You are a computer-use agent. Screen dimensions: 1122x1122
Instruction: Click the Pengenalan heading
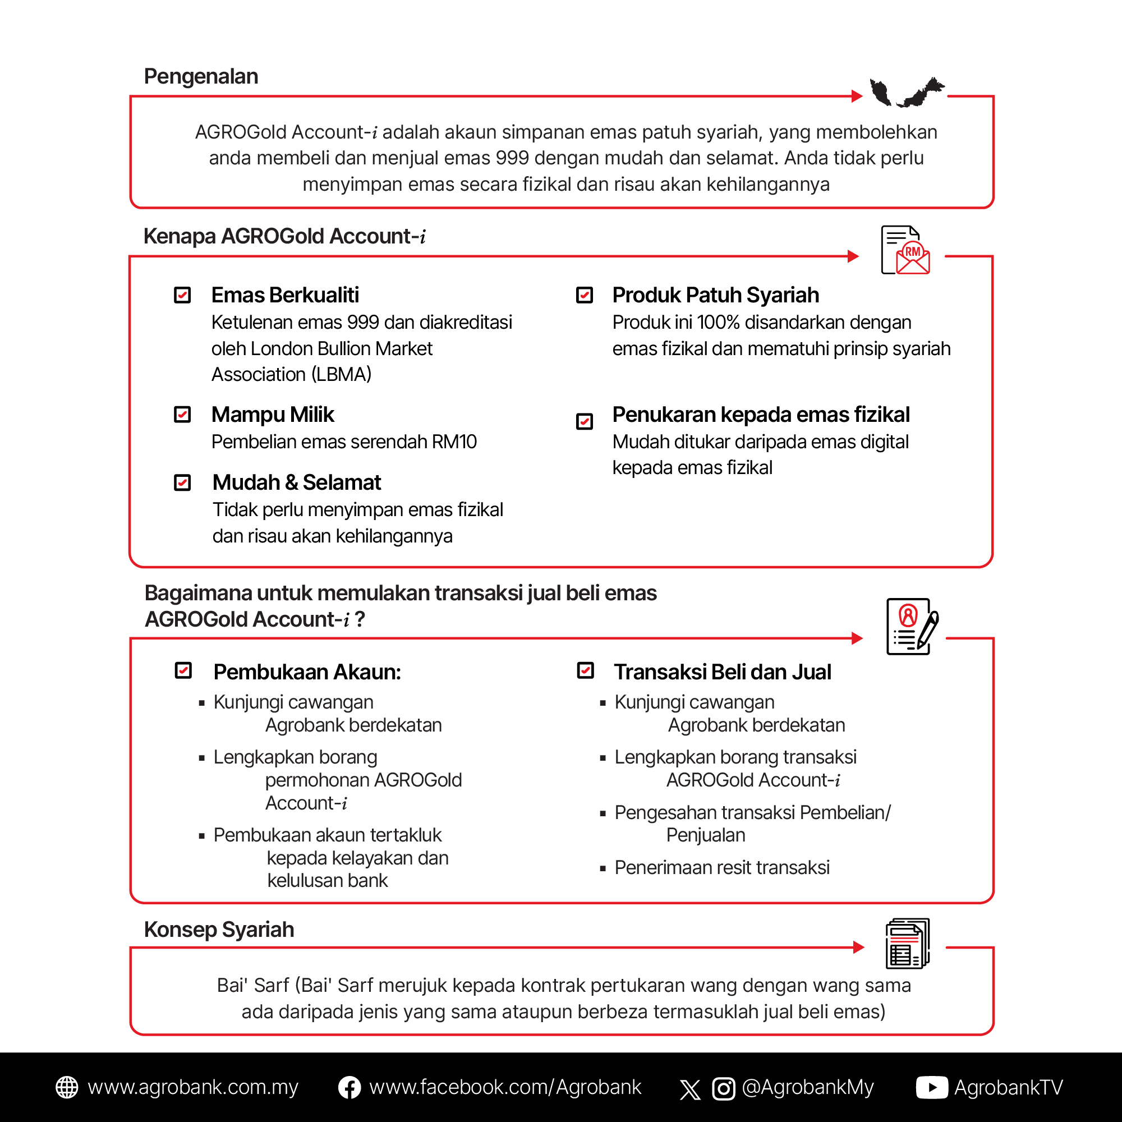201,77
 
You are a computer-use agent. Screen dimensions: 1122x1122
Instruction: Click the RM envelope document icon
905,250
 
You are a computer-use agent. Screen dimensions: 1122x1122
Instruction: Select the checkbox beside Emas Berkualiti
182,295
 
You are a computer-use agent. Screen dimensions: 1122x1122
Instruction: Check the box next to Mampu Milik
182,415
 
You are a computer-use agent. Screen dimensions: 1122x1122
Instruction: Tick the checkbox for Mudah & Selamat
182,482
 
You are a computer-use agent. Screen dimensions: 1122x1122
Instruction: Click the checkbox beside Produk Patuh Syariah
584,295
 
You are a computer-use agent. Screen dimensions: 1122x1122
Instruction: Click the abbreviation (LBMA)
342,375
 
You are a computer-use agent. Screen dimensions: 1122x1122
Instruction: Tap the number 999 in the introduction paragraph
513,158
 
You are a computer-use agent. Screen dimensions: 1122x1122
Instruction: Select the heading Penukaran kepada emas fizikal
761,415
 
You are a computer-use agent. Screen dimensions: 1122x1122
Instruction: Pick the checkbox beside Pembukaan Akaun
183,671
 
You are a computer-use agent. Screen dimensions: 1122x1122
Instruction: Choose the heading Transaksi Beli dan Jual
723,672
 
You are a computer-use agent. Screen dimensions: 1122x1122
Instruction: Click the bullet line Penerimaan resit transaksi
722,868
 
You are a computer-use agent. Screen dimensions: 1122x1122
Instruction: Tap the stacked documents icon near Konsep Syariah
907,944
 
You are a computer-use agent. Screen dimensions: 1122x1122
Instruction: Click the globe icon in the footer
67,1087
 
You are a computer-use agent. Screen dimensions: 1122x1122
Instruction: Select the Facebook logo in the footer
349,1088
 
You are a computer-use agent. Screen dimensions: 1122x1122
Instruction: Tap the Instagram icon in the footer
724,1088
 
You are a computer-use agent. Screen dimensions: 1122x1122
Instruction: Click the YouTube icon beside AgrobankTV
931,1088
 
